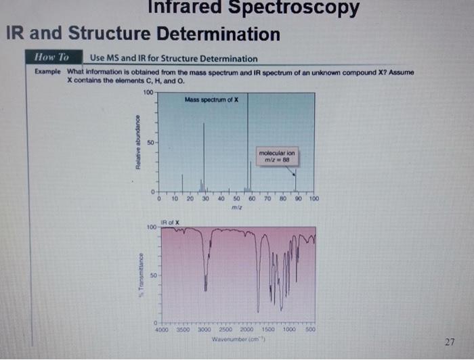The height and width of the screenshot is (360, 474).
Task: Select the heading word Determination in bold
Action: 217,34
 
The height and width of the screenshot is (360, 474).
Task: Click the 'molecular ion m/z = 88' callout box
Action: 277,156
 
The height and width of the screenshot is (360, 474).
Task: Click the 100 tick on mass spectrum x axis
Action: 314,199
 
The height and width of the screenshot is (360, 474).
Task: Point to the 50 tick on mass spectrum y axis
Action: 151,143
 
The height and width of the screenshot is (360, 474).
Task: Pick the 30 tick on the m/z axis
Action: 205,199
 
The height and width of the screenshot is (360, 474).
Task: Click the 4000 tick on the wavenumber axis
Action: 162,330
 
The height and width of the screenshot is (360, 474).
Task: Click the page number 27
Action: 450,340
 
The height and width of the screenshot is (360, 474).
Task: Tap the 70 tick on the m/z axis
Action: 267,199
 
